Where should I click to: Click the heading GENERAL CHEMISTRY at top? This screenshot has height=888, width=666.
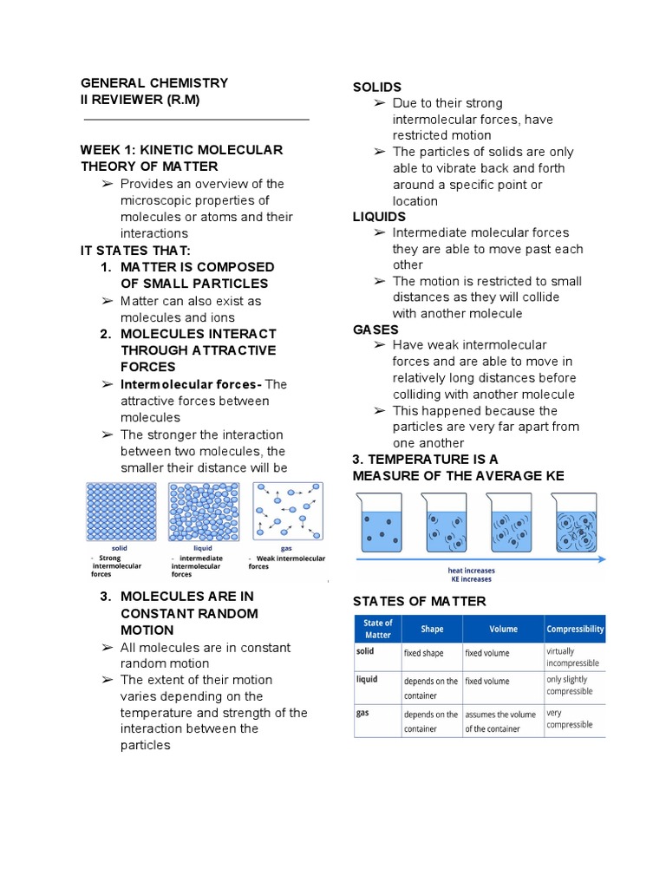pos(154,83)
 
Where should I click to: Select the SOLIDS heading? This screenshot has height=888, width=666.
pos(376,87)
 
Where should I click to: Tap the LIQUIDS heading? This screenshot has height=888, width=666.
pos(379,217)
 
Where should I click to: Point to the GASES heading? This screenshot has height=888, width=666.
pos(375,330)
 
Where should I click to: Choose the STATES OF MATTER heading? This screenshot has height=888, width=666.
pos(420,601)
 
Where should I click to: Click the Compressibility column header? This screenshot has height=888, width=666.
pos(575,629)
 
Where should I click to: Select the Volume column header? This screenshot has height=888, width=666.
pos(503,629)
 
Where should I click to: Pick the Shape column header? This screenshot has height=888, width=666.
pos(432,629)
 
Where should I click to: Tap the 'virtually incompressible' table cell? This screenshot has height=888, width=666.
pos(572,656)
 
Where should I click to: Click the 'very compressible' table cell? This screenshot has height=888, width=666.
pos(571,718)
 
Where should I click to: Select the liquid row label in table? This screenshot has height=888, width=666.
pos(367,679)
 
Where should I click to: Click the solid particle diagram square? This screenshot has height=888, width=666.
pos(121,512)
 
